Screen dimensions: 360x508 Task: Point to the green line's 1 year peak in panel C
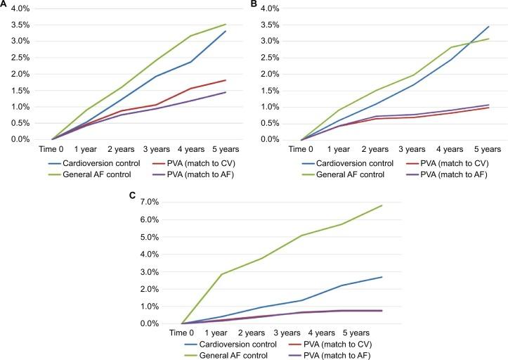[x=222, y=274]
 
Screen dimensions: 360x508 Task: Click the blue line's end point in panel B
[x=488, y=27]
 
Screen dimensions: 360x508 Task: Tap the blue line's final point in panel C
[x=382, y=277]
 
